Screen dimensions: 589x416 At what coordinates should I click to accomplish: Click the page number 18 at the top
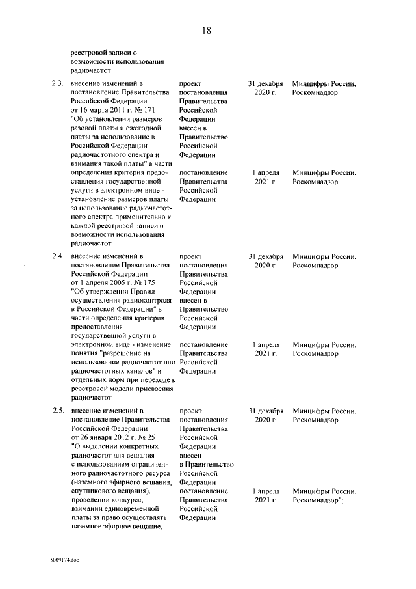point(207,31)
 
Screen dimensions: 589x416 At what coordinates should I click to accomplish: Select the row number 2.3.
point(57,84)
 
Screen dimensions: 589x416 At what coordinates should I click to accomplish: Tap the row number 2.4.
point(57,256)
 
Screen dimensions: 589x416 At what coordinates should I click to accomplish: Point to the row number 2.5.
point(57,411)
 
